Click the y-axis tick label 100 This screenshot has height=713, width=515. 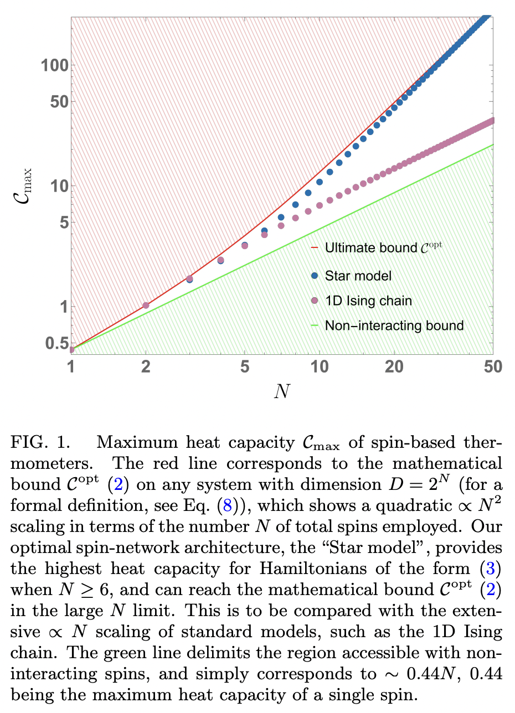[54, 65]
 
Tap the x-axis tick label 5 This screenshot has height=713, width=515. [245, 367]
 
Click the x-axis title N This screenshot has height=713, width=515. [282, 391]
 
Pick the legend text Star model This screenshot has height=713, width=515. [358, 275]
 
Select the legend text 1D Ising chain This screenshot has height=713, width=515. [368, 301]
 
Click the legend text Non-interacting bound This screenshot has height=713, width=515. [394, 325]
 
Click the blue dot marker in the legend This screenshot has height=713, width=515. [315, 275]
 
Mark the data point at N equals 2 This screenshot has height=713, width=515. [146, 305]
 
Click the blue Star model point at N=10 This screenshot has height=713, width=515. [320, 182]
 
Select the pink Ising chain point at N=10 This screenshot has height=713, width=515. [320, 205]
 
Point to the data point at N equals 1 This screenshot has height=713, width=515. [71, 349]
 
